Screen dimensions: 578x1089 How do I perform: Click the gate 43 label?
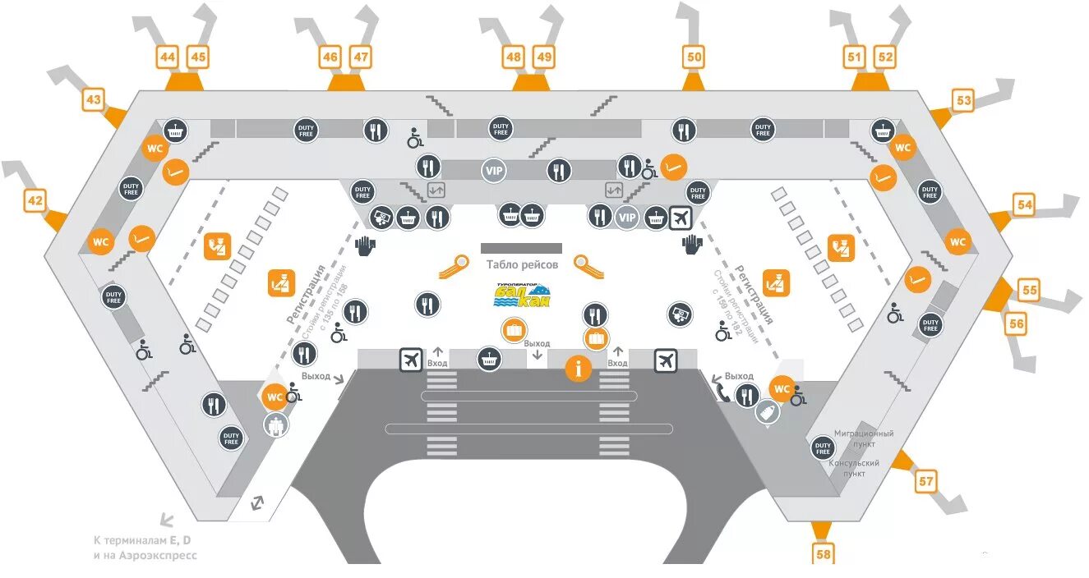tap(93, 101)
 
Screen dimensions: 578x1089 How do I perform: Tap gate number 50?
tap(694, 57)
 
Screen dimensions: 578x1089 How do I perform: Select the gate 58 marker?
tap(824, 554)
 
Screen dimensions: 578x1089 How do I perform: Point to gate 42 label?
tap(35, 200)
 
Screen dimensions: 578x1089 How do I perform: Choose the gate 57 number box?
tap(926, 481)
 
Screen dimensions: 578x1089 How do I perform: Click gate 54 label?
tap(1023, 204)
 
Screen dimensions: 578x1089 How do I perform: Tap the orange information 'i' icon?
tap(578, 369)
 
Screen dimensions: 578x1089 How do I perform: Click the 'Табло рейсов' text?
tap(522, 264)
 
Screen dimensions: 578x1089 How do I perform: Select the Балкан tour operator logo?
tap(522, 295)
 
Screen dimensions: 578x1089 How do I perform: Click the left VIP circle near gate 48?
tap(494, 171)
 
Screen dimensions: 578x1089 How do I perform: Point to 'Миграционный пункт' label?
tap(864, 438)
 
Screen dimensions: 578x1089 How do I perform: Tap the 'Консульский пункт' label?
tap(854, 468)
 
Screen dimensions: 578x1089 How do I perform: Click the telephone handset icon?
tap(721, 392)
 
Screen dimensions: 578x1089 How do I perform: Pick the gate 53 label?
tap(963, 101)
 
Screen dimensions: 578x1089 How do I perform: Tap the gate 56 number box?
tap(1017, 323)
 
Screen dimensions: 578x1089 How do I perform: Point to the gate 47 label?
tap(361, 57)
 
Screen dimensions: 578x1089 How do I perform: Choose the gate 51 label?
tap(855, 57)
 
